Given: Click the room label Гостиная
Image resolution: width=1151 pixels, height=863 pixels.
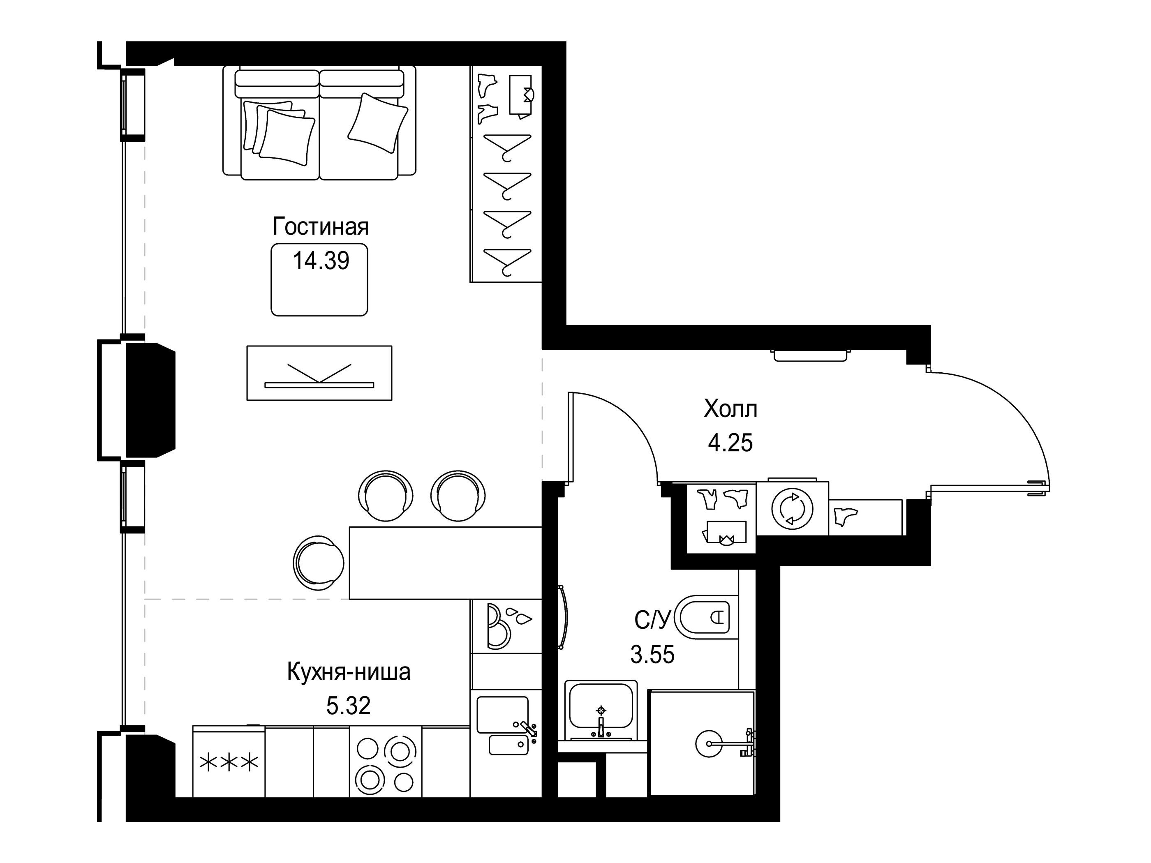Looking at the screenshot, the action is point(321,227).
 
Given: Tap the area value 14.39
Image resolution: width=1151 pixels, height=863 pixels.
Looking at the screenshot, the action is point(321,261).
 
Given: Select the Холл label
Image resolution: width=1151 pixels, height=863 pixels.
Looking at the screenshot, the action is point(730,409).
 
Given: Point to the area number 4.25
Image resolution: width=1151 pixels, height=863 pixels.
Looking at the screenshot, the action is point(730,443).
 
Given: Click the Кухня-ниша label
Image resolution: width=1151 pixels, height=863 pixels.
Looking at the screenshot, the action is point(349,672).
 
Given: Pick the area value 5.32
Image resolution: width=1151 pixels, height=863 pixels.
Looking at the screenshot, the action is point(348,706).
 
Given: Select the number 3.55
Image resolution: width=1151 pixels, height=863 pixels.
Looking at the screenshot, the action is point(652,654).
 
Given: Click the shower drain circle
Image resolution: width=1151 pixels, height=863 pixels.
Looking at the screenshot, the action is point(709,744).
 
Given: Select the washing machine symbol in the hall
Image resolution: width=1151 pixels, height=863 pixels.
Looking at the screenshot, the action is point(792,508).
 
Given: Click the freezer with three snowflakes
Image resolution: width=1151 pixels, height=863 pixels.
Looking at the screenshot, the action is point(229,761).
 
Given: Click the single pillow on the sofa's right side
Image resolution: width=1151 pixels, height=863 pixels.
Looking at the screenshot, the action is point(378,123).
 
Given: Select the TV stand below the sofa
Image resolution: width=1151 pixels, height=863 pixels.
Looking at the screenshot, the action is point(319,373).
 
